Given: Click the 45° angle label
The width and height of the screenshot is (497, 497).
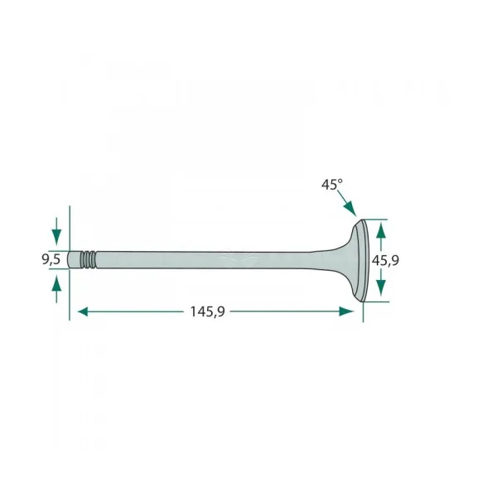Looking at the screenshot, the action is (x=332, y=185).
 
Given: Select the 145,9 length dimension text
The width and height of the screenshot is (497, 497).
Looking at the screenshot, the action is (x=207, y=312).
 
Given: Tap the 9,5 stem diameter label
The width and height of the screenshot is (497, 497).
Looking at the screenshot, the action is (x=51, y=259).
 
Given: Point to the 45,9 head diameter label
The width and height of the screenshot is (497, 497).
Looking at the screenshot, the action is (x=385, y=261).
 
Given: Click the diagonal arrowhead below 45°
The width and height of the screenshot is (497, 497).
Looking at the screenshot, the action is (x=350, y=209).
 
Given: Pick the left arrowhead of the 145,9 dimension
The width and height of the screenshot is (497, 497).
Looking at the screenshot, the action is (x=83, y=311).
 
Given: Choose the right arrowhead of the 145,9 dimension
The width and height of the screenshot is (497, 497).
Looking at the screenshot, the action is (x=346, y=311).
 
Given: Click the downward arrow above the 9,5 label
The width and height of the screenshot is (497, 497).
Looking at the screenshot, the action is (x=56, y=231).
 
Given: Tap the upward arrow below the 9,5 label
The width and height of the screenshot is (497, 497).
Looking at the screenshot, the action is (x=56, y=289).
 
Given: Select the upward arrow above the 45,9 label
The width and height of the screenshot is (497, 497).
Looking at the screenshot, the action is (x=381, y=238).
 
